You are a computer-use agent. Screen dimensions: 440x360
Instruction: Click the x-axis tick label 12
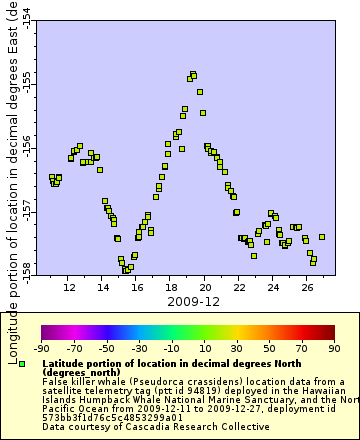[x=69, y=287]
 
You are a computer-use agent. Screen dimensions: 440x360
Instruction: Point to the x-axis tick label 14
[x=103, y=287]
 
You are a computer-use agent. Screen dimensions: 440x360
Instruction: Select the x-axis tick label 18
[x=171, y=287]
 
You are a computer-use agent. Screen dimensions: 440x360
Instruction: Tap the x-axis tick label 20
[x=205, y=287]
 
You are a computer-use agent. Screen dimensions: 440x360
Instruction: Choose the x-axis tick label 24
[x=273, y=287]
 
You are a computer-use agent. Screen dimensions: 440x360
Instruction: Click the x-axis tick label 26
[x=307, y=287]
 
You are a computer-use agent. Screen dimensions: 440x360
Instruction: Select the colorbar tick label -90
[x=41, y=348]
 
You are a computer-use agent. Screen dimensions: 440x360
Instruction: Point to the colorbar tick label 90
[x=334, y=348]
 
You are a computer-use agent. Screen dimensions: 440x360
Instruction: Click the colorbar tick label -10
[x=172, y=348]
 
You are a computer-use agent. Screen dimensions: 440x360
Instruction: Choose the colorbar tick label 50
[x=270, y=348]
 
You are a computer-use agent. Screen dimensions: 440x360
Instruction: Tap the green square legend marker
[x=22, y=364]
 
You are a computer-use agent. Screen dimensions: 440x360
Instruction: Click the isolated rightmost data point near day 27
[x=322, y=237]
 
